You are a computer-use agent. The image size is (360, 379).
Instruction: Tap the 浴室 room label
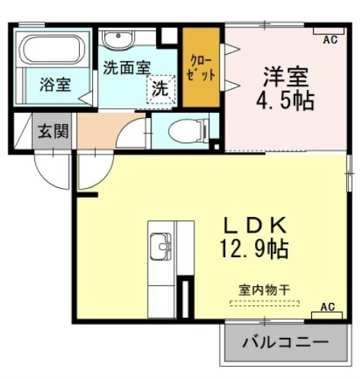[56, 84]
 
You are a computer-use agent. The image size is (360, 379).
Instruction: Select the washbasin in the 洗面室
[119, 39]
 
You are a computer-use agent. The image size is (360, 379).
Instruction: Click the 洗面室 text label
[127, 68]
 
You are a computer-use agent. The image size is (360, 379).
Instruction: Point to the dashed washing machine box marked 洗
[161, 89]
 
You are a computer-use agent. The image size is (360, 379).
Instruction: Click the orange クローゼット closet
[201, 67]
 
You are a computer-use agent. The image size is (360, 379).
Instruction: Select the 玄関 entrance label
[53, 131]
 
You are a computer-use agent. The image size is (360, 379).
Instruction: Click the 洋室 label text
[286, 76]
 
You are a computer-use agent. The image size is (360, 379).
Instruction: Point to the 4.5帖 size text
[285, 100]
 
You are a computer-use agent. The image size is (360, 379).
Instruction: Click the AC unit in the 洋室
[329, 30]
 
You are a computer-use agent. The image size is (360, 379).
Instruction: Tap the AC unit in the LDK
[327, 315]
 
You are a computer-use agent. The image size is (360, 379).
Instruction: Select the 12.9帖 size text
[254, 248]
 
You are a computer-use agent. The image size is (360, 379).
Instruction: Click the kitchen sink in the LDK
[161, 247]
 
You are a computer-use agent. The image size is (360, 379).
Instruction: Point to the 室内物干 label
[264, 290]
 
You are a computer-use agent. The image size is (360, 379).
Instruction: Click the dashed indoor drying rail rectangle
[264, 303]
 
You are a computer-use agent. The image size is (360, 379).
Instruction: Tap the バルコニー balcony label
[285, 342]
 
